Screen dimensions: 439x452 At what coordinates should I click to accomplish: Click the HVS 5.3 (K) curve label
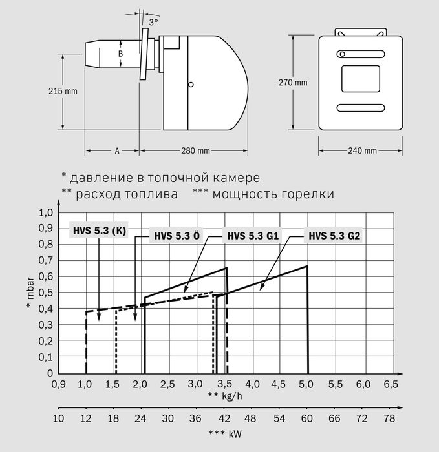(100, 231)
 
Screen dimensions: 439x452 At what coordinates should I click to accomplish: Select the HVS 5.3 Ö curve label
(177, 236)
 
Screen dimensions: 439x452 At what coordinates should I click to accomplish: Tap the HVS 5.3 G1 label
(253, 236)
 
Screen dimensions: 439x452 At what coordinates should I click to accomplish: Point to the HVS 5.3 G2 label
(334, 236)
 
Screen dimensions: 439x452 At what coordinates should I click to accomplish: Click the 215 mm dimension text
(63, 91)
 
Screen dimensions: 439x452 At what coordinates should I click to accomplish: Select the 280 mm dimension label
(195, 150)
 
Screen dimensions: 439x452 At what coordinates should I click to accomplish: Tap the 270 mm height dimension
(293, 83)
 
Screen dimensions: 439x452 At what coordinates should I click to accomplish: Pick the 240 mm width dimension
(362, 150)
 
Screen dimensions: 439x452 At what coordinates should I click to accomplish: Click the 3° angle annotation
(153, 22)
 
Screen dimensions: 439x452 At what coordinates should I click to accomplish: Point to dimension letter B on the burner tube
(121, 54)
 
